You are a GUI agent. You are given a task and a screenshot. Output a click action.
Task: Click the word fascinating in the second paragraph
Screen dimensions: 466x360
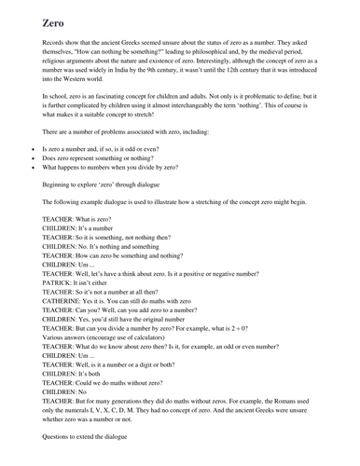[112, 105]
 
